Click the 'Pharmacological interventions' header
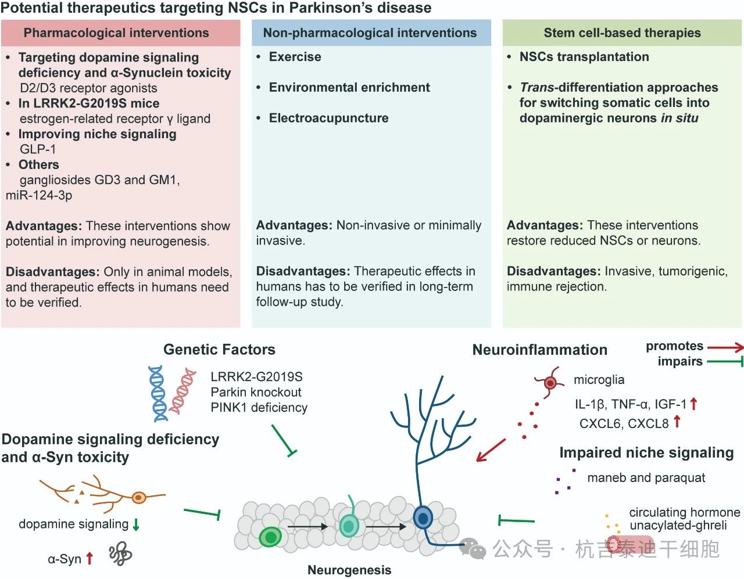pos(116,33)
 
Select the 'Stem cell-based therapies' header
pos(622,33)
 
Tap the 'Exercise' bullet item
pos(295,57)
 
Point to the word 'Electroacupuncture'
pos(328,118)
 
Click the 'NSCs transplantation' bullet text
pos(584,57)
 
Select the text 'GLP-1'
pos(38,149)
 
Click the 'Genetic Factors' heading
pos(219,350)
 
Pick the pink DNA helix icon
pos(183,390)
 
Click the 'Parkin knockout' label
pos(256,392)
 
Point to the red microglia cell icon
pos(549,382)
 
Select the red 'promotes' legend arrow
pos(725,347)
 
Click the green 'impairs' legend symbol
pos(725,362)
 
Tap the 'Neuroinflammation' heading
pos(539,350)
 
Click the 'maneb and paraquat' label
pos(646,478)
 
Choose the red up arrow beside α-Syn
pos(90,559)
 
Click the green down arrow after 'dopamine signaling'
pos(136,524)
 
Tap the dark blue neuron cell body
pos(423,517)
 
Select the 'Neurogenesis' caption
pos(349,570)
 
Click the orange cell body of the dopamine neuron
pos(138,497)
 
